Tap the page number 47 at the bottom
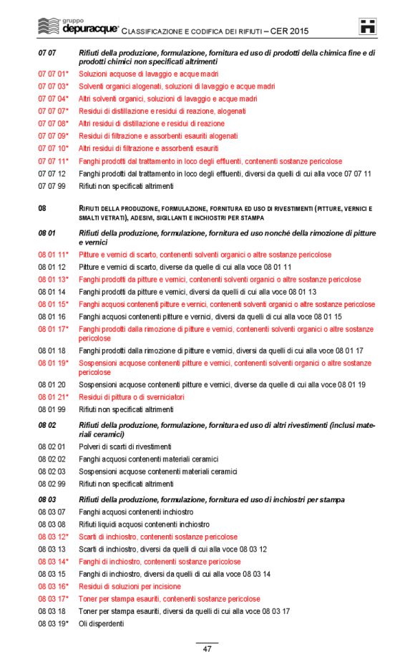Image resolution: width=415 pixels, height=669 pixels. pyautogui.click(x=207, y=648)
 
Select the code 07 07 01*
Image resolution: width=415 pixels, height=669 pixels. pyautogui.click(x=53, y=74)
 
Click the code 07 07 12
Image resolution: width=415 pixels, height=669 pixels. pyautogui.click(x=52, y=174)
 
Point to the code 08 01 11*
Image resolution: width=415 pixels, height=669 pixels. pyautogui.click(x=53, y=255)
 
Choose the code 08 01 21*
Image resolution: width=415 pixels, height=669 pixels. pyautogui.click(x=53, y=397)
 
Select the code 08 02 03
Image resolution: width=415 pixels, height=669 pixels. pyautogui.click(x=52, y=472)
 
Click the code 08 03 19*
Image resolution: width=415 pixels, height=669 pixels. pyautogui.click(x=53, y=624)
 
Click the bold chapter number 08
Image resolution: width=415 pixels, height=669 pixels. pyautogui.click(x=42, y=208)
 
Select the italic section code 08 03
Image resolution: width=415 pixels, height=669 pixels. pyautogui.click(x=47, y=499)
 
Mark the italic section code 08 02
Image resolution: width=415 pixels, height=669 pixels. pyautogui.click(x=47, y=425)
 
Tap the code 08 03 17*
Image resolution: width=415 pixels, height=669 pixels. pyautogui.click(x=53, y=599)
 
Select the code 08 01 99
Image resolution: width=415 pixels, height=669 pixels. pyautogui.click(x=52, y=409)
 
